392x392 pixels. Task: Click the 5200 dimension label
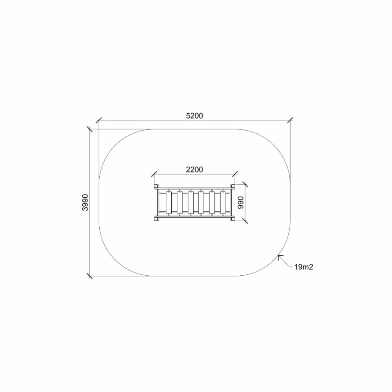(x=195, y=116)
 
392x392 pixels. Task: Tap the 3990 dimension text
(x=85, y=203)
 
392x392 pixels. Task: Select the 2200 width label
(x=195, y=169)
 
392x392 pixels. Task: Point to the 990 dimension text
(x=240, y=203)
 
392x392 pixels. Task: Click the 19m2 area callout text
(x=304, y=267)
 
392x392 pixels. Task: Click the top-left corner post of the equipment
(x=156, y=186)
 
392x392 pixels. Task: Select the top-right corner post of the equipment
(x=233, y=186)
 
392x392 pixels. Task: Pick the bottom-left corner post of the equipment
(x=156, y=219)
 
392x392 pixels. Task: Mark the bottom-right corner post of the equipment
(x=233, y=219)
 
